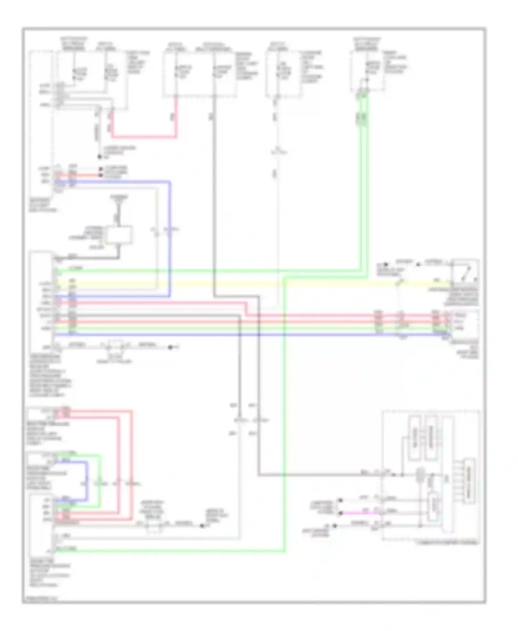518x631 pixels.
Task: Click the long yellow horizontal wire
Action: (242, 284)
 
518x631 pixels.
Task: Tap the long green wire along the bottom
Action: (173, 552)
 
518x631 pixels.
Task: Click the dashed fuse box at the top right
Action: (367, 71)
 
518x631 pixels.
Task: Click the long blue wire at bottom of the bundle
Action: (242, 335)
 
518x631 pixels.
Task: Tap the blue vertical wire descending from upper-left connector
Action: (170, 238)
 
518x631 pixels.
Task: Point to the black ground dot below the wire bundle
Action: (170, 347)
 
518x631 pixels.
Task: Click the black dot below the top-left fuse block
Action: (99, 157)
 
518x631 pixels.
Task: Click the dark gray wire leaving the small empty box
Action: (104, 258)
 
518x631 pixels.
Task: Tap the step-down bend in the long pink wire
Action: (246, 309)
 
